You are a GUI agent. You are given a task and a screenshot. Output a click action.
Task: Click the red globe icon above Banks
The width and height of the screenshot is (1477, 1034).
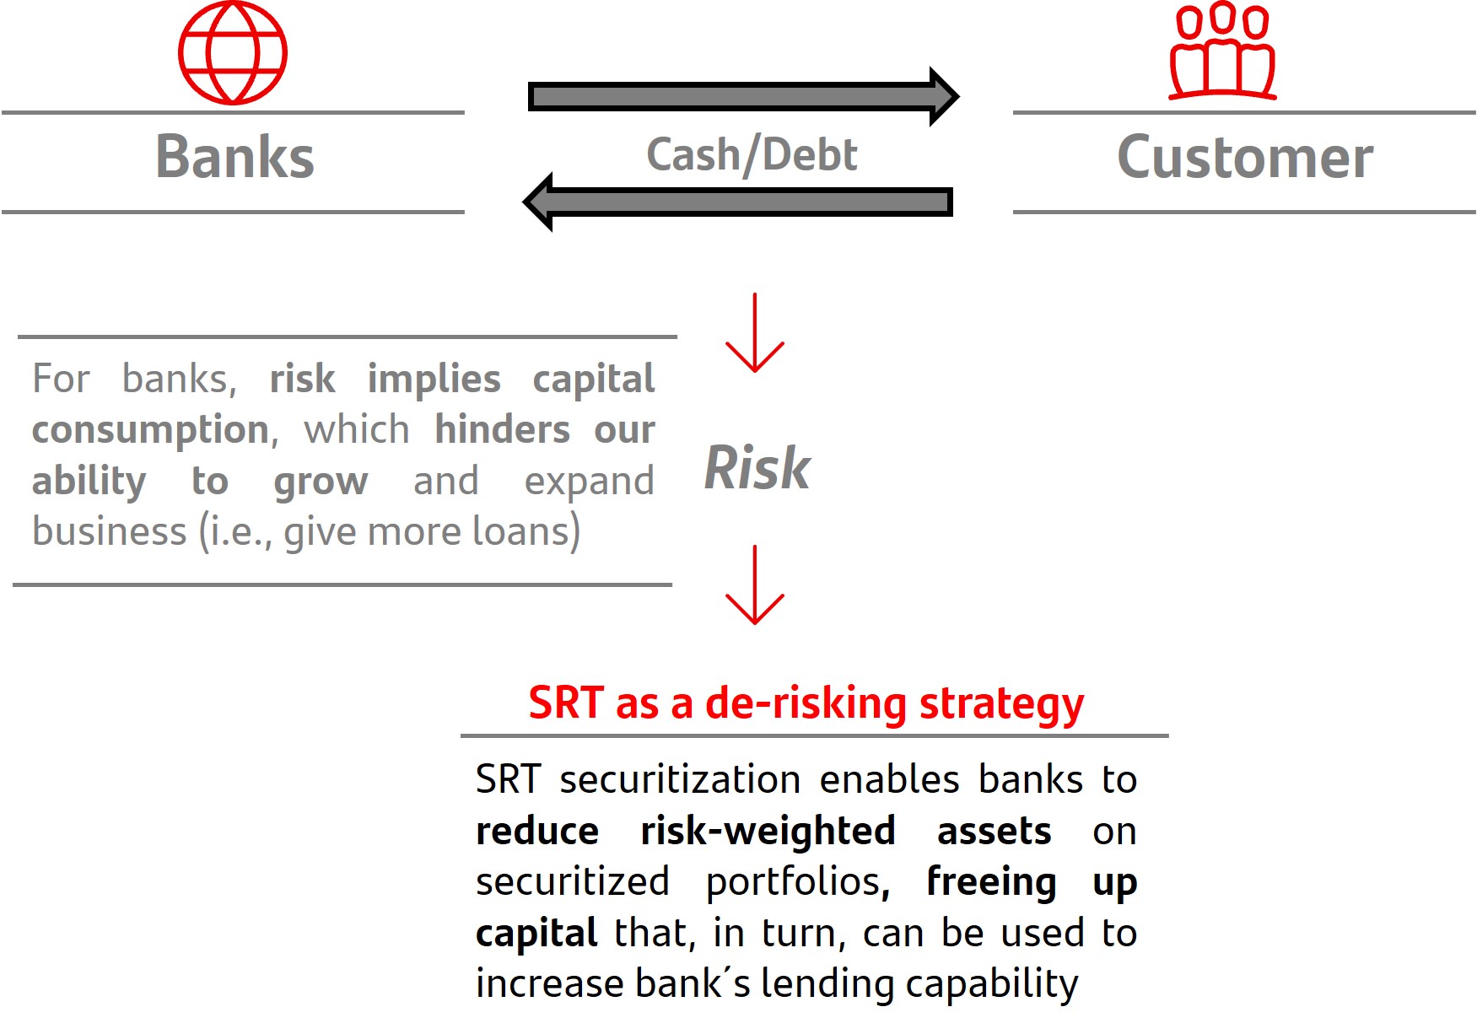[x=233, y=53]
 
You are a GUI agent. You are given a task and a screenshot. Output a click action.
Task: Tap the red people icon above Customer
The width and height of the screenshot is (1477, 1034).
[x=1222, y=52]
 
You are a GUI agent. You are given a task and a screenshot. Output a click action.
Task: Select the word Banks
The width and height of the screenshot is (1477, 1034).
[x=234, y=158]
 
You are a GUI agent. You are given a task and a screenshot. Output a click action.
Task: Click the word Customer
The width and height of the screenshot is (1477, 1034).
[x=1245, y=158]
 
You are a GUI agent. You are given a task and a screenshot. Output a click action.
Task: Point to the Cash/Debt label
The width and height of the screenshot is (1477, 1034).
[x=752, y=155]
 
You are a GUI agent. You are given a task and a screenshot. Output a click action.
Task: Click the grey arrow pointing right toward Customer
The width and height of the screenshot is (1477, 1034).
[x=742, y=96]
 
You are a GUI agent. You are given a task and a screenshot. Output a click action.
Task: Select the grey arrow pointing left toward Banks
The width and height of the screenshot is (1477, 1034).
[x=738, y=202]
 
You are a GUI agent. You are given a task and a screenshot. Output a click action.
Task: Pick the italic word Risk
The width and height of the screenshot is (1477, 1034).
[x=757, y=468]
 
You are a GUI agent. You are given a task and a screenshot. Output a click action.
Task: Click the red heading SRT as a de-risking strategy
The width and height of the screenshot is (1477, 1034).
[x=806, y=703]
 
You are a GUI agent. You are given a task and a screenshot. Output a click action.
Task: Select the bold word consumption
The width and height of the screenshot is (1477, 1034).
[x=150, y=430]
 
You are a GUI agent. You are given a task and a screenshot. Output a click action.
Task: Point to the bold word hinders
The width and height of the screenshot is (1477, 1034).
[x=503, y=430]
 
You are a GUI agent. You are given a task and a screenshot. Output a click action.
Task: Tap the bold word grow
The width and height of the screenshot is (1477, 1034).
[x=321, y=482]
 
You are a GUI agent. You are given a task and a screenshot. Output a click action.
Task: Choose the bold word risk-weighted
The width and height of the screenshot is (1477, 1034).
[x=768, y=832]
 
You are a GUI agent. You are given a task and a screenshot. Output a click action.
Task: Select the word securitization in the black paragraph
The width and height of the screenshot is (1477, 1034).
[x=680, y=780]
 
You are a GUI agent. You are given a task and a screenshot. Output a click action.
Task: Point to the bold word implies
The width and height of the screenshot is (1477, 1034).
[x=434, y=380]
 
